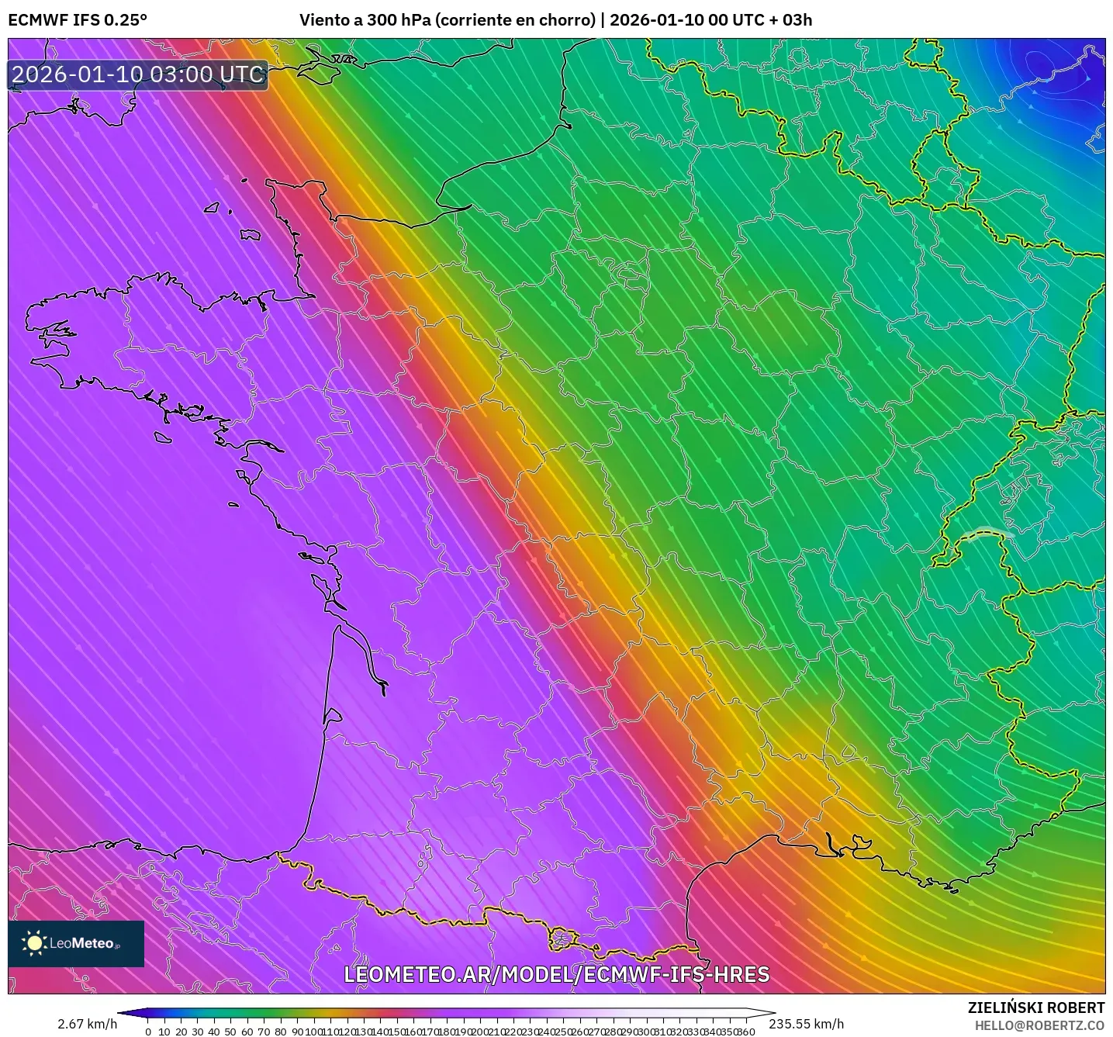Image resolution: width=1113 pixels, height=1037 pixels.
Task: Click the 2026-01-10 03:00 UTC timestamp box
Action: [138, 74]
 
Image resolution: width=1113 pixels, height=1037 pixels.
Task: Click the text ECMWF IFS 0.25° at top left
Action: [77, 20]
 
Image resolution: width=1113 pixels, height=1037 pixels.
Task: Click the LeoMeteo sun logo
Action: [35, 943]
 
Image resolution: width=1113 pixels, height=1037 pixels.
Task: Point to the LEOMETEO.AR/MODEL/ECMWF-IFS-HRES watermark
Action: [556, 974]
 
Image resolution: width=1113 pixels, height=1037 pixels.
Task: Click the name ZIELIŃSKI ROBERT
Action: [1035, 1008]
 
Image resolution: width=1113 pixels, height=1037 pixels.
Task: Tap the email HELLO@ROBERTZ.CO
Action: [1039, 1025]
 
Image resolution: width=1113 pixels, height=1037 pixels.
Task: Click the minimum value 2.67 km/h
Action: [87, 1024]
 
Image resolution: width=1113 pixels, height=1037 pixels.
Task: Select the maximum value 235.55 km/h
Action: [806, 1024]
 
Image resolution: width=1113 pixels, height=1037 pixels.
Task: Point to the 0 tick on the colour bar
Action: [148, 1032]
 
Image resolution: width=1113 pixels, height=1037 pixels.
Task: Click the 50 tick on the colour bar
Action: [230, 1032]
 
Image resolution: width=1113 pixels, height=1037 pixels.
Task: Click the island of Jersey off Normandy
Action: [250, 234]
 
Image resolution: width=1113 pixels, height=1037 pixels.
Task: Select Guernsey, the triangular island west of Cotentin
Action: [212, 208]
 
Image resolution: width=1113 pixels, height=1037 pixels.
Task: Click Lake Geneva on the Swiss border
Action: [988, 533]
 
